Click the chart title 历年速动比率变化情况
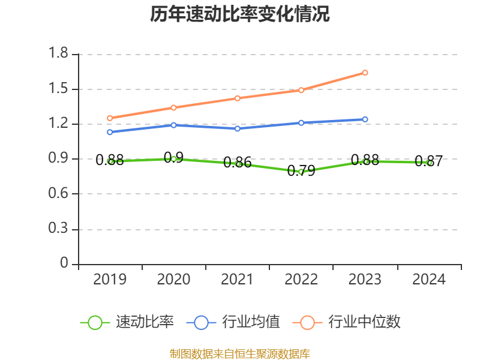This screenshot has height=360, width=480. (x=240, y=14)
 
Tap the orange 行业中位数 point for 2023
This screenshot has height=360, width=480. (x=365, y=73)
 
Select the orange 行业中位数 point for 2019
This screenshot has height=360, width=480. (x=110, y=118)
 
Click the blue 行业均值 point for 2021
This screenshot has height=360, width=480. (x=238, y=128)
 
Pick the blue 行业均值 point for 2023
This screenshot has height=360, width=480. (x=365, y=119)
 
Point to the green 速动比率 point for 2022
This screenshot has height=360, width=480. (x=301, y=172)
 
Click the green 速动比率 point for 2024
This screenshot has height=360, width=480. (x=429, y=163)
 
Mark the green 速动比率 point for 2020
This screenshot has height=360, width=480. (x=174, y=159)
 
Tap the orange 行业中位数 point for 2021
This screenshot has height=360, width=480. (x=238, y=98)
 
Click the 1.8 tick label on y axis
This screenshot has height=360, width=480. (x=59, y=55)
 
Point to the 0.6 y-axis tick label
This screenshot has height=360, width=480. (x=59, y=194)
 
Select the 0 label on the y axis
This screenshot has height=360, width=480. (x=65, y=264)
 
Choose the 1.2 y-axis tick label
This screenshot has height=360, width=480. (x=59, y=124)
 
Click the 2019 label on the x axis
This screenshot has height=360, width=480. (x=110, y=280)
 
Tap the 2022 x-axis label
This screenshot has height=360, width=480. (x=301, y=280)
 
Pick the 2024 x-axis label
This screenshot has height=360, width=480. (x=429, y=280)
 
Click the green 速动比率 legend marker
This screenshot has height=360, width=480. (x=95, y=322)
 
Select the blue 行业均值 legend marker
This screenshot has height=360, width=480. (x=201, y=322)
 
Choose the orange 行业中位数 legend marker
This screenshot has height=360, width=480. (x=307, y=322)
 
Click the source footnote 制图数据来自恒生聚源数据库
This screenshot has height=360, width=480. (x=240, y=353)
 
